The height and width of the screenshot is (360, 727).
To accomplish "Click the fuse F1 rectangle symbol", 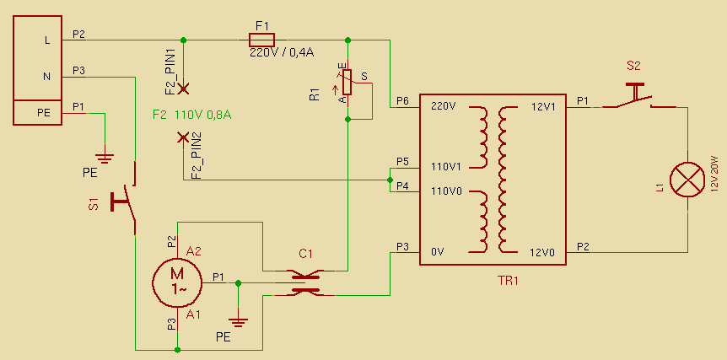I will click(x=261, y=39).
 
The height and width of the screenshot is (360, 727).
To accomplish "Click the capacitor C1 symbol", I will click(x=305, y=282).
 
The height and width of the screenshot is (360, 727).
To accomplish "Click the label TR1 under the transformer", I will click(x=509, y=281).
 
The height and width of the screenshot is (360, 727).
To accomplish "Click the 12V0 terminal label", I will click(x=543, y=252).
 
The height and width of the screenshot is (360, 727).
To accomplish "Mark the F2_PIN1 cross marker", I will click(x=183, y=88).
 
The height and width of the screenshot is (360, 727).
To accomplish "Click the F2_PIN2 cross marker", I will click(x=183, y=137).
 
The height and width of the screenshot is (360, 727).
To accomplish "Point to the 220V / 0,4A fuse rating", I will click(x=282, y=52).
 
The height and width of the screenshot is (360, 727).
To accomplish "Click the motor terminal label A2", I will click(x=194, y=250).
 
